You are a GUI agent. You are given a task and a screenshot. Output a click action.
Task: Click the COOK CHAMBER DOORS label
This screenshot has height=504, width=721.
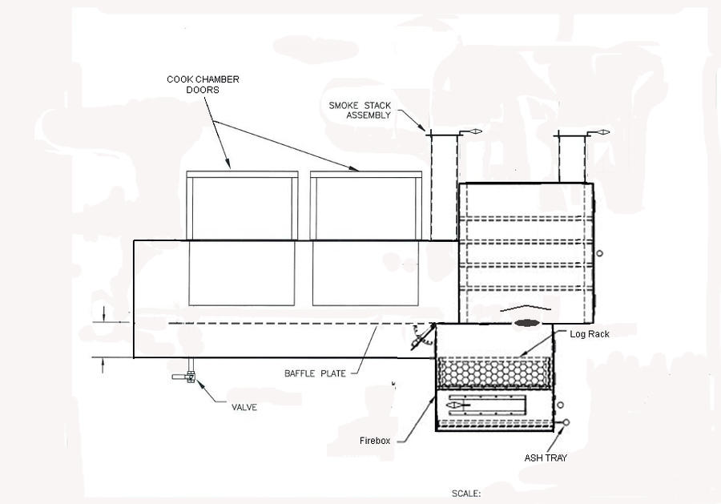click(x=203, y=85)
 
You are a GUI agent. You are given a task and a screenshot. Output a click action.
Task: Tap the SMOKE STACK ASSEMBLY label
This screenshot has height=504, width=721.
click(x=360, y=111)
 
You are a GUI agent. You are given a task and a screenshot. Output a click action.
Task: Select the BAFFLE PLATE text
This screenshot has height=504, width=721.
click(x=315, y=373)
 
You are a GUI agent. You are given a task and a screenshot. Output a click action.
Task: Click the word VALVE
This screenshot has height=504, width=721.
click(x=244, y=407)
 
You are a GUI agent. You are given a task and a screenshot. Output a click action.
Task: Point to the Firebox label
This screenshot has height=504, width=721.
click(x=375, y=441)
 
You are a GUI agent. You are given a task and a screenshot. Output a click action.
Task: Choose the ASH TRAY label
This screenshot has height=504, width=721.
click(x=546, y=458)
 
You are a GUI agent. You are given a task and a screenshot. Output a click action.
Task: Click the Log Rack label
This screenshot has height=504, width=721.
click(x=590, y=334)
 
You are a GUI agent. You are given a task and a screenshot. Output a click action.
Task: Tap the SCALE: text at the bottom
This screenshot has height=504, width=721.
click(x=466, y=494)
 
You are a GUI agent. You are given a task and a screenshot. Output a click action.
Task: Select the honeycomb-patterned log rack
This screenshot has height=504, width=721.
click(x=493, y=372)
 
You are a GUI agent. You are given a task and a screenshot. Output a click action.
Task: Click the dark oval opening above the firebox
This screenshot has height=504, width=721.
click(x=526, y=323)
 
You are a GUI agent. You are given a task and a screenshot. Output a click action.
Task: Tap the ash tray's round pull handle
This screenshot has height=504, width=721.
click(x=566, y=422)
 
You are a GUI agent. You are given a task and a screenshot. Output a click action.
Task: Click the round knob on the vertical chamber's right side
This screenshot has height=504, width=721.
click(x=599, y=253)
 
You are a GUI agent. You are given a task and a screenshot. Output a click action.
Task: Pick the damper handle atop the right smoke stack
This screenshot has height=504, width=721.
click(x=598, y=132)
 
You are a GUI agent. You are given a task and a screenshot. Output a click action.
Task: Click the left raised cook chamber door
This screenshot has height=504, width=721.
click(x=242, y=206)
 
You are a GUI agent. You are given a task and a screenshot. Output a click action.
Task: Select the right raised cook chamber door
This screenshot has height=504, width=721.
click(x=366, y=206)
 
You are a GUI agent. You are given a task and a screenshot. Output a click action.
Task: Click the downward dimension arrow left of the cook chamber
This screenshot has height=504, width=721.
click(x=104, y=314)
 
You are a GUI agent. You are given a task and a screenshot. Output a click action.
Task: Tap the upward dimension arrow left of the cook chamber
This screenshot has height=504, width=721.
click(x=103, y=365)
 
